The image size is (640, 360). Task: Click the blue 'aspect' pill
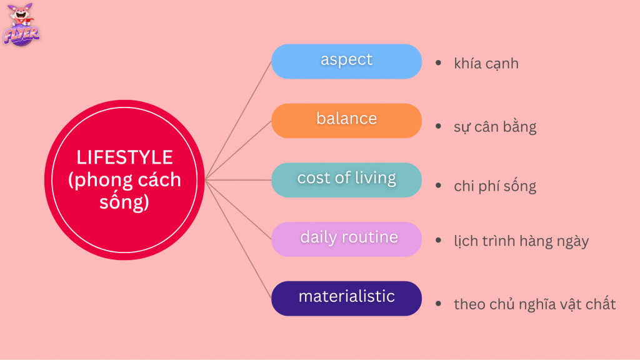(x=346, y=61)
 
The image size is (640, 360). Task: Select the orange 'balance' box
(x=346, y=121)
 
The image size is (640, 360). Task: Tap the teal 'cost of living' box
(x=346, y=180)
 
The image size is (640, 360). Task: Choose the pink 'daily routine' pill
(x=346, y=239)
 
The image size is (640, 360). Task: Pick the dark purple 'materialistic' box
(x=346, y=298)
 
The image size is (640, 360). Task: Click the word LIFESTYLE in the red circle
(x=125, y=157)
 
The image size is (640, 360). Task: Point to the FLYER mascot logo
(x=21, y=24)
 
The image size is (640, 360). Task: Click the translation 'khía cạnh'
(x=486, y=64)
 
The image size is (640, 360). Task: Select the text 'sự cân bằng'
(x=495, y=126)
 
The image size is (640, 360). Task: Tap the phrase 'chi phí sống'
(x=495, y=186)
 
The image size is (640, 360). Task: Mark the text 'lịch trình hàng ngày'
(x=521, y=241)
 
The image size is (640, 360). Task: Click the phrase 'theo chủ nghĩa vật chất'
(x=535, y=304)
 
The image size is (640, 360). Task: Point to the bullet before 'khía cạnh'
(x=438, y=62)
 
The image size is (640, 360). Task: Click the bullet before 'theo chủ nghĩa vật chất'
(x=438, y=303)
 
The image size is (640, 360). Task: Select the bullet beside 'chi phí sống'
(x=438, y=185)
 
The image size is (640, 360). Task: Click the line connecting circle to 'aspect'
(x=239, y=121)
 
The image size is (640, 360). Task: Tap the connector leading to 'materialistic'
(x=239, y=239)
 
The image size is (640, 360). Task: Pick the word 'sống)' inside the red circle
(x=124, y=202)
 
